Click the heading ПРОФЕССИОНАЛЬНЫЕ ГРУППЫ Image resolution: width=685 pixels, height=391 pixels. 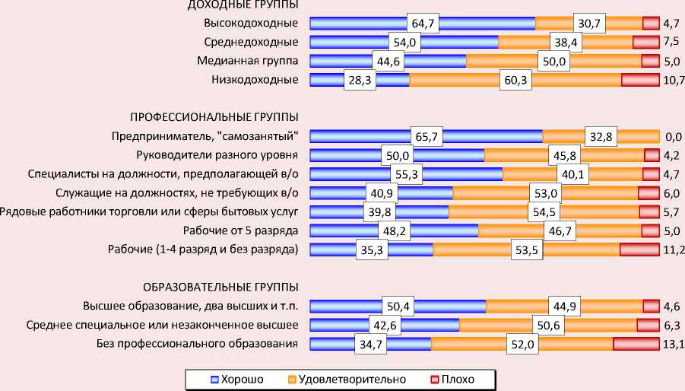point(214,116)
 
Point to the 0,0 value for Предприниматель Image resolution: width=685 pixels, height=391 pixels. point(673,137)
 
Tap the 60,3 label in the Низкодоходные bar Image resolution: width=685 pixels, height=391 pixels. point(514,80)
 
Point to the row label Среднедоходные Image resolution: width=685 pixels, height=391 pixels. point(251,42)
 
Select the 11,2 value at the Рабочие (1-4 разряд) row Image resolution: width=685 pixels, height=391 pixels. point(674,249)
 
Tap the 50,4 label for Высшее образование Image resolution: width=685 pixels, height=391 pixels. point(398,307)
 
